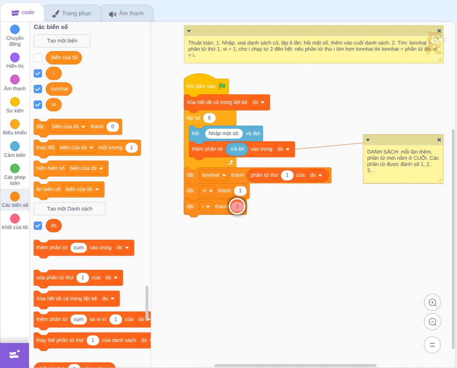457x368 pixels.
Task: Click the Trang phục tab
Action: (x=72, y=13)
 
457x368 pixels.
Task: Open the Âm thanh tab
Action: (x=127, y=13)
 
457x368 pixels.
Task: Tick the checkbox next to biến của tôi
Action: (x=38, y=58)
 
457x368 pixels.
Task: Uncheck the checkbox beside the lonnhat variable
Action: (x=38, y=89)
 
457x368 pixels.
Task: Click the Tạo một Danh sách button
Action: (x=69, y=209)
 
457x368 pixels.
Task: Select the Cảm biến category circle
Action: (x=15, y=146)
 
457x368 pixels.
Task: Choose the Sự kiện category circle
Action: (x=15, y=102)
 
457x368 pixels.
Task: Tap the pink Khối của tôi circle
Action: (x=15, y=218)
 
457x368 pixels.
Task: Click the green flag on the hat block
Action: (x=222, y=86)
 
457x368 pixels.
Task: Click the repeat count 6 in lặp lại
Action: (x=209, y=118)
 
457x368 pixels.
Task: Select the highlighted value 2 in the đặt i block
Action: (x=237, y=206)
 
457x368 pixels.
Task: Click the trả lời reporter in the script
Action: (x=237, y=149)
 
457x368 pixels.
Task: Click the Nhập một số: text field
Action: (x=224, y=133)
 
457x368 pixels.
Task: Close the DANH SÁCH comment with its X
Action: (x=439, y=140)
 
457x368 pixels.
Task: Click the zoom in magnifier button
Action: (x=432, y=303)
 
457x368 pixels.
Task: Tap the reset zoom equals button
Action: (x=432, y=345)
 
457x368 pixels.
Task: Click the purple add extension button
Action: (x=15, y=355)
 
